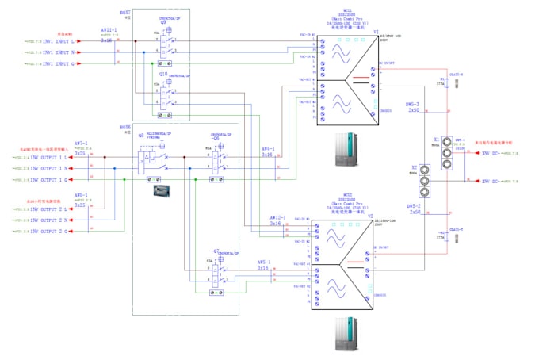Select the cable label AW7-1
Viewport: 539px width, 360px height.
point(80,144)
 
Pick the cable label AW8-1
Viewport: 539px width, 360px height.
point(80,194)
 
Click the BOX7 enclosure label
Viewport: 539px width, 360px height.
point(125,13)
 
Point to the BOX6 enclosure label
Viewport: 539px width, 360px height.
point(125,127)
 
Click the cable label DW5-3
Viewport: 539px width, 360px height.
point(413,104)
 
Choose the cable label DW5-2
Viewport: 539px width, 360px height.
point(413,208)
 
